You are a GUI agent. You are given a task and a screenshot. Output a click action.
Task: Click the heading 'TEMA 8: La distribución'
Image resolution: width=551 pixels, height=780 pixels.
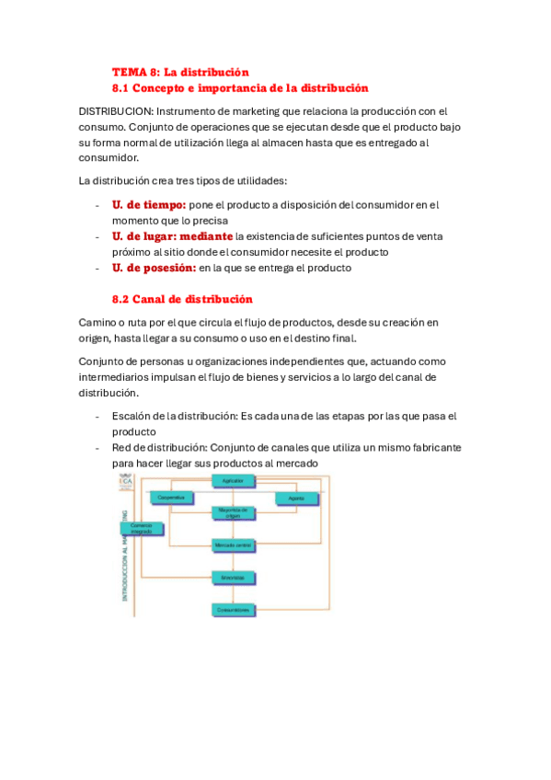pyautogui.click(x=180, y=72)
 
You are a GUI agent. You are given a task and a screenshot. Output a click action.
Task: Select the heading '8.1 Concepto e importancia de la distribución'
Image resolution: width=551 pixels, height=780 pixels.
pyautogui.click(x=240, y=88)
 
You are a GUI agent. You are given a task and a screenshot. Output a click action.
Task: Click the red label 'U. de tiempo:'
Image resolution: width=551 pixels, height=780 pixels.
pyautogui.click(x=149, y=205)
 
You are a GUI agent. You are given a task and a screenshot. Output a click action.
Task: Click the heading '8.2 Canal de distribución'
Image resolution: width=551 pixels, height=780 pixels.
pyautogui.click(x=181, y=300)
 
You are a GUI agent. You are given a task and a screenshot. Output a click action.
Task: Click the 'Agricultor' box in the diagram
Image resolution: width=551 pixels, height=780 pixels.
pyautogui.click(x=234, y=481)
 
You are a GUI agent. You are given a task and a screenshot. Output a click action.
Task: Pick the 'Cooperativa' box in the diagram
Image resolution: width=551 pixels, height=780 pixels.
pyautogui.click(x=172, y=498)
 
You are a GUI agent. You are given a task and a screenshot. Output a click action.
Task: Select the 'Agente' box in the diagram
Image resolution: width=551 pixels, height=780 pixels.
pyautogui.click(x=296, y=498)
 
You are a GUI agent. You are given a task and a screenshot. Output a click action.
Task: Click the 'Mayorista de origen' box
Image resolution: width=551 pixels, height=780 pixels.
pyautogui.click(x=234, y=512)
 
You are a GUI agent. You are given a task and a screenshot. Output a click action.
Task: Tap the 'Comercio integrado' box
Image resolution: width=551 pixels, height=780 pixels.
pyautogui.click(x=141, y=529)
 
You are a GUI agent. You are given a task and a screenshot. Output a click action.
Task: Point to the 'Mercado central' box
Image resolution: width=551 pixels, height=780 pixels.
pyautogui.click(x=234, y=545)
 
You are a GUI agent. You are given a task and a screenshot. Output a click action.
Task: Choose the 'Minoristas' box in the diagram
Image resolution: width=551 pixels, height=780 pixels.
pyautogui.click(x=234, y=578)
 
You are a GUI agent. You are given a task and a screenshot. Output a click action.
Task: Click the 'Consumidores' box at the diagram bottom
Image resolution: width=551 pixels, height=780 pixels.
pyautogui.click(x=234, y=610)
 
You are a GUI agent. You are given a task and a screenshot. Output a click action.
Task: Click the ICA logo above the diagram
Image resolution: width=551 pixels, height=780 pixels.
pyautogui.click(x=125, y=482)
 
